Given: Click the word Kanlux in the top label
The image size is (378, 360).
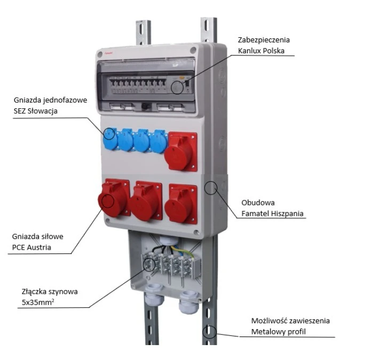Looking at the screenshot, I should point(250,51).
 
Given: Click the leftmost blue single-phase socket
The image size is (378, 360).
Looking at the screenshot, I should point(109,139).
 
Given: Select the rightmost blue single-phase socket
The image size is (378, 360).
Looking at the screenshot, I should point(159,141).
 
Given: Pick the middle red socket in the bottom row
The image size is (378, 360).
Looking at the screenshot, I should point(145,202).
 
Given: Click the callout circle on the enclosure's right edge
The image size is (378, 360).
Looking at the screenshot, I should point(212,187).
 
